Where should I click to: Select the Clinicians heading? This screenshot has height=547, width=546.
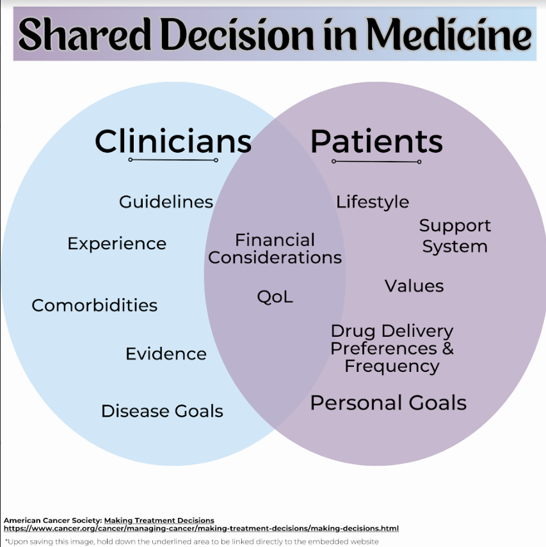point(173,141)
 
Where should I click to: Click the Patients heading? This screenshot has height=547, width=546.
point(376,141)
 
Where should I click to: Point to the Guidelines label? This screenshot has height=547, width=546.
point(166,202)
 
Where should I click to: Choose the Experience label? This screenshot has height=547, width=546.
point(116,243)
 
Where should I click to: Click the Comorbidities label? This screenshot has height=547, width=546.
point(94,305)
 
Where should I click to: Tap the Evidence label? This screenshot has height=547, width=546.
point(166,354)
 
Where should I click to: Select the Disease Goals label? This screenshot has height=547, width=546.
point(162,411)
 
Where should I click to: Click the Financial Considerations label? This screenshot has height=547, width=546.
point(275,249)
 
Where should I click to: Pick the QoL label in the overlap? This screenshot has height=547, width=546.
point(275,297)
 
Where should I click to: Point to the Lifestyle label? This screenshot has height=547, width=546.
point(373,202)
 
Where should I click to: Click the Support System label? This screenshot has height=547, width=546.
point(454,236)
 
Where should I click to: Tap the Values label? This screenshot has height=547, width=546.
point(414,286)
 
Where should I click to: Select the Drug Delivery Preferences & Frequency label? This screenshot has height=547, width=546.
point(392,348)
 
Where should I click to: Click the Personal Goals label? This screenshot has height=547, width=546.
point(388,403)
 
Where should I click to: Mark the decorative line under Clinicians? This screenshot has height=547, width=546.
point(173,160)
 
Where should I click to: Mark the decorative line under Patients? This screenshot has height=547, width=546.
point(376,161)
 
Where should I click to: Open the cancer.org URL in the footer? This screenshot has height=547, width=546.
point(201,528)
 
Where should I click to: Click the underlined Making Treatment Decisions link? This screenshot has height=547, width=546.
point(159,520)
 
